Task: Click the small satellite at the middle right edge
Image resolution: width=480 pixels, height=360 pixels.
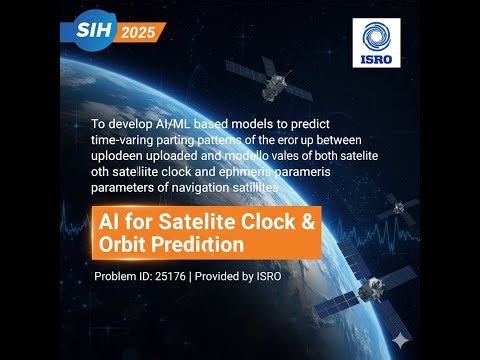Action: (403, 210)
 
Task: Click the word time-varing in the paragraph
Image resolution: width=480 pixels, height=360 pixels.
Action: (115, 141)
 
